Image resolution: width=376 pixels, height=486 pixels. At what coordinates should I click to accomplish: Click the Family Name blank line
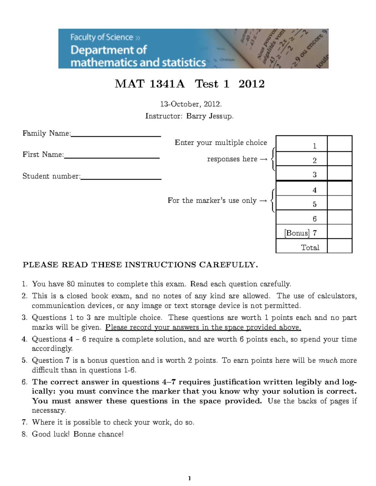tap(116, 136)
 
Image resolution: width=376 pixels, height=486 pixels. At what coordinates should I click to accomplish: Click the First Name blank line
tap(112, 157)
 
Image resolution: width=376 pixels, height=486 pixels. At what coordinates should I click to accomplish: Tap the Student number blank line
tap(121, 178)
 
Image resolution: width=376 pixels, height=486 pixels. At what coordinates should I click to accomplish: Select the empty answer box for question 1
tap(340, 144)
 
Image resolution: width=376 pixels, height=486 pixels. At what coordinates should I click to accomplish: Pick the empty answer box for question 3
tap(340, 173)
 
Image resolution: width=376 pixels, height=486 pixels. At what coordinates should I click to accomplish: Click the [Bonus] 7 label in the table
tap(301, 233)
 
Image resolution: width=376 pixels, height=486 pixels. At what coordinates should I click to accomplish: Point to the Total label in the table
tap(310, 248)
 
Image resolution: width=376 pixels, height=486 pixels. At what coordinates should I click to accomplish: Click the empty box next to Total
tap(340, 246)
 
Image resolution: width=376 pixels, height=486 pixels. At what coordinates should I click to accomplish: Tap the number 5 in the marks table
tap(315, 204)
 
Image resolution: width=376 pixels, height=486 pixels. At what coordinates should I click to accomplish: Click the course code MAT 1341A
tap(150, 84)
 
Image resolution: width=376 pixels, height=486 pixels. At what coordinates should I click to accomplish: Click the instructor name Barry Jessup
tap(210, 116)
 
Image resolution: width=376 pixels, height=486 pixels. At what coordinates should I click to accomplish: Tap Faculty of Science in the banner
tap(102, 37)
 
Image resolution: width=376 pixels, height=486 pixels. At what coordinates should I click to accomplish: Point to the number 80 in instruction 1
tap(70, 284)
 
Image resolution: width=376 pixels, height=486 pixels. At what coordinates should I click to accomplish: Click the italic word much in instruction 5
tap(328, 361)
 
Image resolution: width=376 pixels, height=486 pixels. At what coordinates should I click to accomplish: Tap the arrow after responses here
tap(264, 159)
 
